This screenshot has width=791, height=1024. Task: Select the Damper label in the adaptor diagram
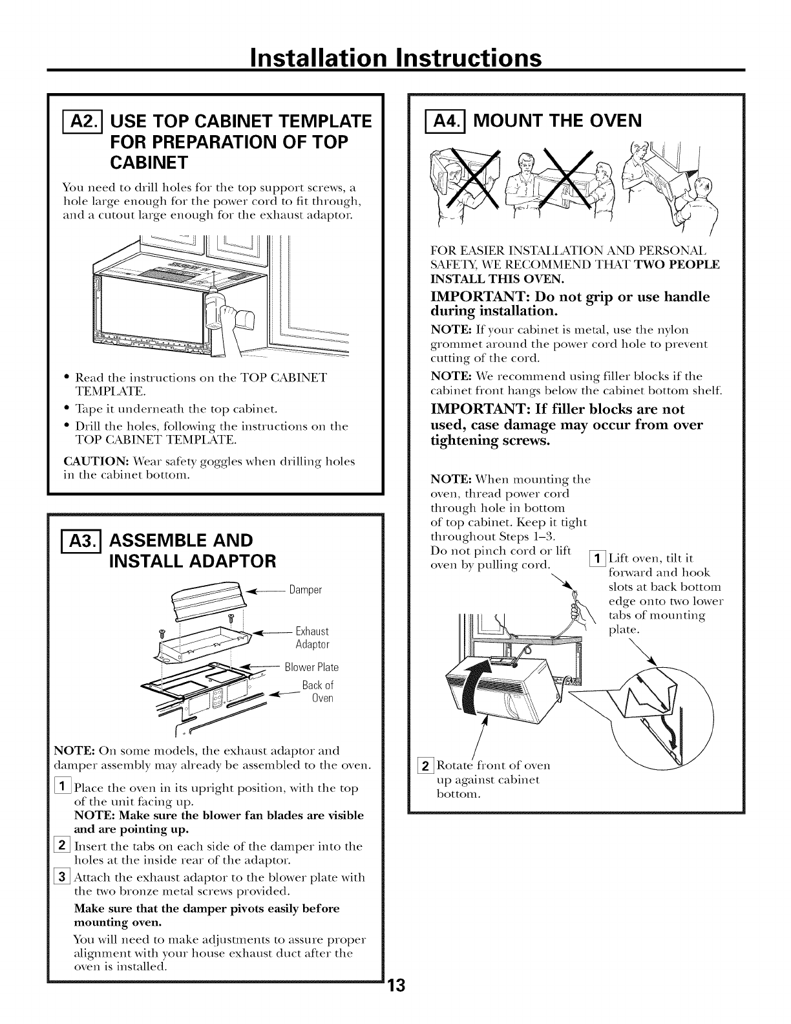[306, 590]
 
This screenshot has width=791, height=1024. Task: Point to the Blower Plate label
[311, 667]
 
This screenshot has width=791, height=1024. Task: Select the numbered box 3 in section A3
[66, 877]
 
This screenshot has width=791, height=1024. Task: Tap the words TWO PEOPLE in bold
[680, 264]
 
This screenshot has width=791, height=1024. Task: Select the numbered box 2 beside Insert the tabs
[66, 846]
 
